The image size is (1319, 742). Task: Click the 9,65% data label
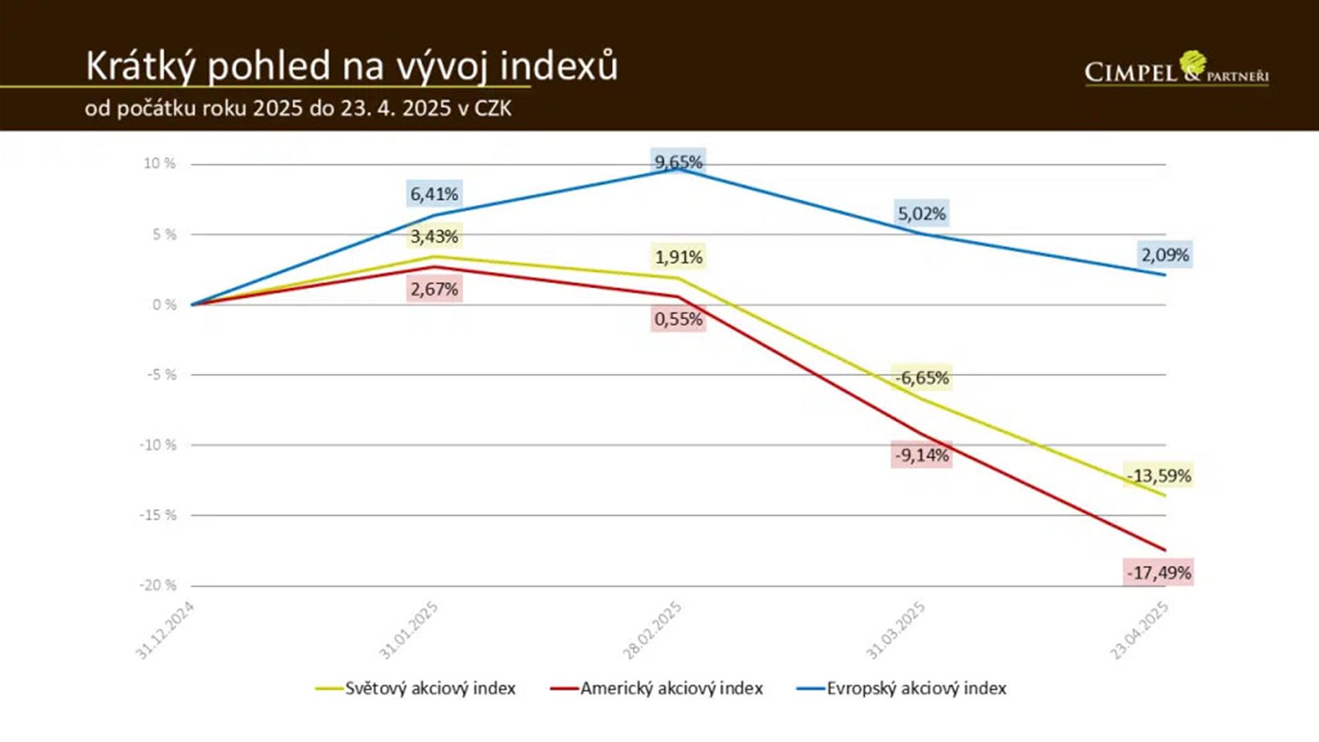678,162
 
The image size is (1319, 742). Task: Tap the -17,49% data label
1159,572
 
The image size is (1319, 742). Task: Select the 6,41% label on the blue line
433,194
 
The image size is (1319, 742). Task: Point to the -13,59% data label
1159,475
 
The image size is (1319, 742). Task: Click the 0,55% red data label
678,319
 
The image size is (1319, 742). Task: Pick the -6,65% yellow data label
921,377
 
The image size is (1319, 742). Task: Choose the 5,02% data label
921,214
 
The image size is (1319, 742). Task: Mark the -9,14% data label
921,455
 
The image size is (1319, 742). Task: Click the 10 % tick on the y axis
159,164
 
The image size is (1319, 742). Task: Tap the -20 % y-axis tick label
158,585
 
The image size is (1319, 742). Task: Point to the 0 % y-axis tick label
164,304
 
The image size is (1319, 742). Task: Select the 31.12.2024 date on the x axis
165,630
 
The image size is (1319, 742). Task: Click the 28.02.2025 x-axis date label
652,630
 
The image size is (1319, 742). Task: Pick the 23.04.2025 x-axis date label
1139,630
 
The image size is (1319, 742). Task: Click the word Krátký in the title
141,67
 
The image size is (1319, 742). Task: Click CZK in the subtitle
493,109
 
